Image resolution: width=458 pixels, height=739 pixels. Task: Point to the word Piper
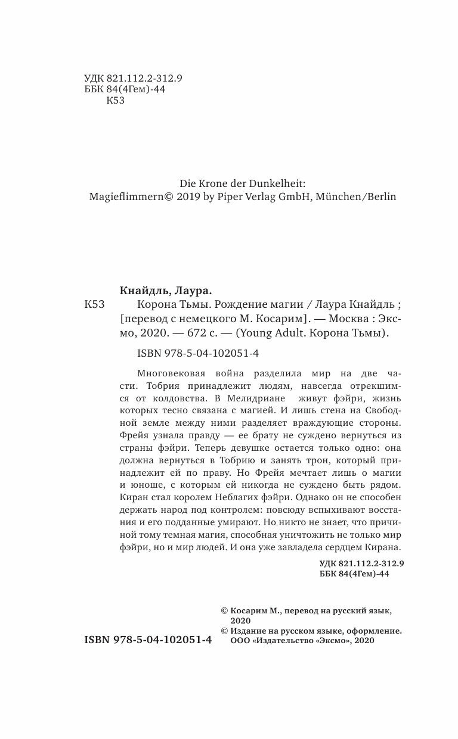coord(223,197)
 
